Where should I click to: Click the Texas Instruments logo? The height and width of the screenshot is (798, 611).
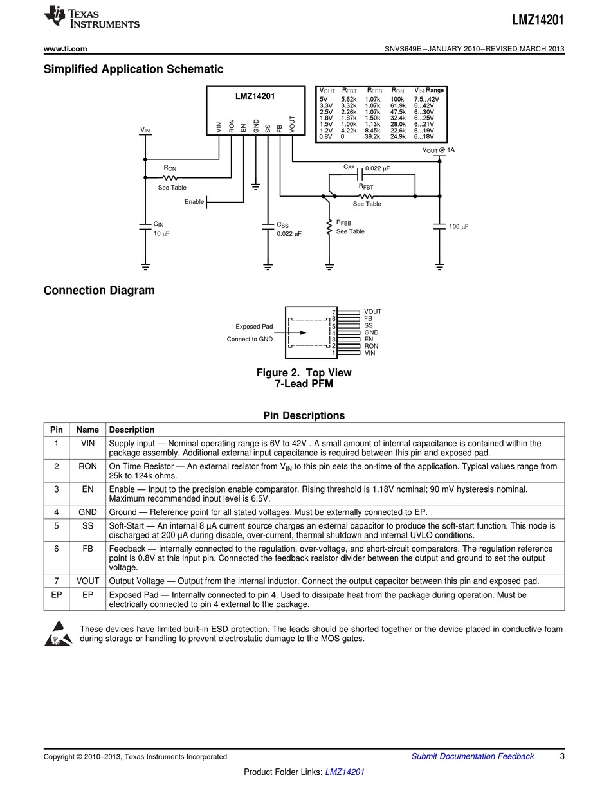[x=91, y=18]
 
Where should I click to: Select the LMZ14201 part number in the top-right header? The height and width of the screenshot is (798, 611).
[x=538, y=20]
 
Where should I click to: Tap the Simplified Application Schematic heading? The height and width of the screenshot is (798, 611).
[x=133, y=69]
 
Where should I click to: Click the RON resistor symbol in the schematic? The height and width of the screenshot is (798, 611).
[x=170, y=177]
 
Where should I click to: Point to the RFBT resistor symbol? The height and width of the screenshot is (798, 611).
[x=365, y=195]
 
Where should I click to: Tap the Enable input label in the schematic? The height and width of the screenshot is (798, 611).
[x=194, y=202]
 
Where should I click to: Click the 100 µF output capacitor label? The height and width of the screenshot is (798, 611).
[x=459, y=227]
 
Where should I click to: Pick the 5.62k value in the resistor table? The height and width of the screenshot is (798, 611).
[x=348, y=100]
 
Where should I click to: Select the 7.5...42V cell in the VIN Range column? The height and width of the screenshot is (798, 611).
[x=426, y=100]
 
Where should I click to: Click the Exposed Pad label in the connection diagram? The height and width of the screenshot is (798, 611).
[x=254, y=327]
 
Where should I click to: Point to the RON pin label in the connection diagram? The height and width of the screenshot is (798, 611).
[x=371, y=346]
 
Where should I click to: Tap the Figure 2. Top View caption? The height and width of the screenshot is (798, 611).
[x=304, y=373]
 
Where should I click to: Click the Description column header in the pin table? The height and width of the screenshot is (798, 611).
[x=132, y=430]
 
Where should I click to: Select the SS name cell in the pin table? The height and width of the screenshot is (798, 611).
[x=87, y=526]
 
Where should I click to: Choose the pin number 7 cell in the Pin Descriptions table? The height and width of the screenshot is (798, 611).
[x=57, y=581]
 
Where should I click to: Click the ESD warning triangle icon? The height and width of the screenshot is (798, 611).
[x=58, y=633]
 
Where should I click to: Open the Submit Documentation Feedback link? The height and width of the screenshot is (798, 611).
[x=472, y=756]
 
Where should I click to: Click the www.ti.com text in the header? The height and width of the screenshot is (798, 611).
[x=65, y=49]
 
